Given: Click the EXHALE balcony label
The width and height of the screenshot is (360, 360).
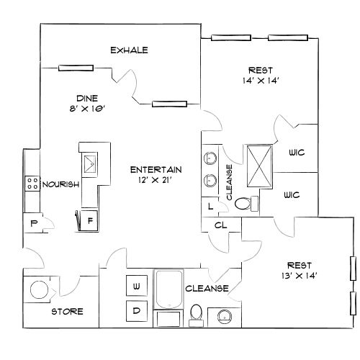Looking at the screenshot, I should [129, 50].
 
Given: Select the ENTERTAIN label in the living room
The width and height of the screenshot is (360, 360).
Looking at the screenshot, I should [156, 170].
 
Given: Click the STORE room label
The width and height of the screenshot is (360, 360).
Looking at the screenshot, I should [67, 312].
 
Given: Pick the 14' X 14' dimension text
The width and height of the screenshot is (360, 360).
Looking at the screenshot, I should [260, 81].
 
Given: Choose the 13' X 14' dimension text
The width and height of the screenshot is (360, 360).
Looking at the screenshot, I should [300, 275].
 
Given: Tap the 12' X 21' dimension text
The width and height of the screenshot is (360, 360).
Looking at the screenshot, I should [156, 180].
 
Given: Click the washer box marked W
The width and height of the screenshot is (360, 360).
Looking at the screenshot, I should [136, 286].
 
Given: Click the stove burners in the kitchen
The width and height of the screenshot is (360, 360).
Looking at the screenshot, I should [32, 184].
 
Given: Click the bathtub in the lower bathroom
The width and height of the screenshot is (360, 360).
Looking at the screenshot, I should [170, 290].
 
